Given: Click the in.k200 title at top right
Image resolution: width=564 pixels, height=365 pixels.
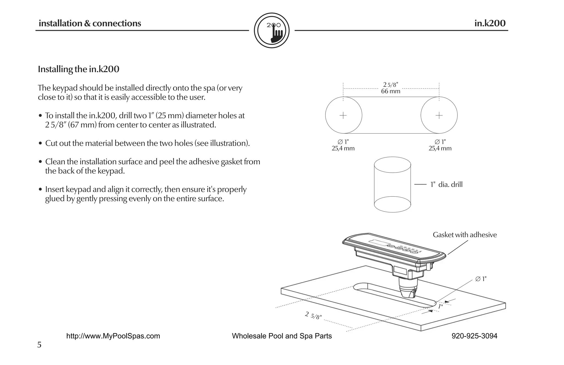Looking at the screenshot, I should (x=490, y=23).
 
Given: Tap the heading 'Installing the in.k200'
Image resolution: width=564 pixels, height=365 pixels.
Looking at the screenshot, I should (x=78, y=69).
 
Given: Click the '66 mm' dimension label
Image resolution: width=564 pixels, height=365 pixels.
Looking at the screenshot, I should (x=391, y=91).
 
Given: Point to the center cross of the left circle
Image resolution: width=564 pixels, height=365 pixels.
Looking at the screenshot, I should (x=343, y=115).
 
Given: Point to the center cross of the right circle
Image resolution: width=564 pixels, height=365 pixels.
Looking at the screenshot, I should (x=439, y=115).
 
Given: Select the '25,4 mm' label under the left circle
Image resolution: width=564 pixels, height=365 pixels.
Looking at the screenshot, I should (x=343, y=148).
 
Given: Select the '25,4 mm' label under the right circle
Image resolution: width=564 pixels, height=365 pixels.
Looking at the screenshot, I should (x=440, y=148).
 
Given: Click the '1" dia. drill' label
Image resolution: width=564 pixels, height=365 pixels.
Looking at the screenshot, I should (x=446, y=185).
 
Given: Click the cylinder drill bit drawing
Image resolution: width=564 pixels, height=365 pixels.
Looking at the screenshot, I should (x=392, y=185).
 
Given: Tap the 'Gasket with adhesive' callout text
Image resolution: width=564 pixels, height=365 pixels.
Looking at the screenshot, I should (x=465, y=235).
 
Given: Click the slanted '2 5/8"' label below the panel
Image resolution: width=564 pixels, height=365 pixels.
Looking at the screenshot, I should (x=313, y=316).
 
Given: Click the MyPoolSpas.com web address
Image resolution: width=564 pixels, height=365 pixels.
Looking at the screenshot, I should (x=113, y=336).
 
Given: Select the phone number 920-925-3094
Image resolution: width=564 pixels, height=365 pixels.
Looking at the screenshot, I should (x=474, y=336).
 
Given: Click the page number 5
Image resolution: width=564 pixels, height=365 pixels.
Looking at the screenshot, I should (x=39, y=345).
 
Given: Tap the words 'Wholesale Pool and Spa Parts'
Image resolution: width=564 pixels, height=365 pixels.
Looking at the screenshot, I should (x=282, y=336).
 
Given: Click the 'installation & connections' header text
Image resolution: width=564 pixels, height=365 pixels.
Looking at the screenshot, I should (x=90, y=23).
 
